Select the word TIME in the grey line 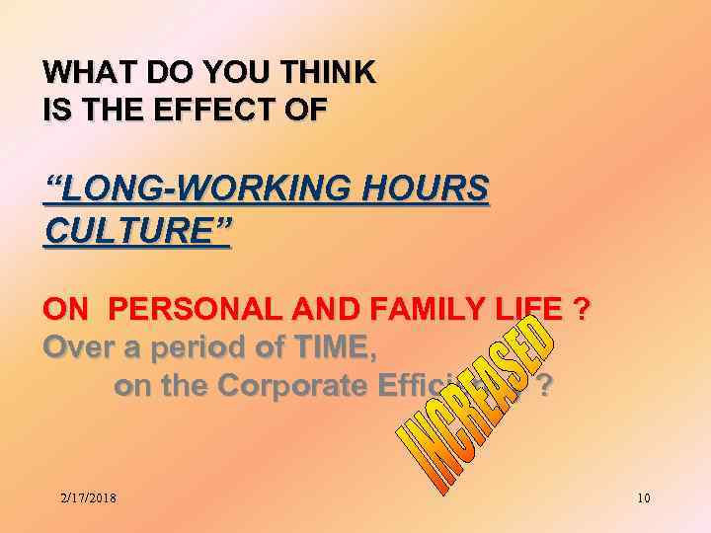[323, 348]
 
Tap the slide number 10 [643, 497]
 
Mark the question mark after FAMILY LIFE [583, 311]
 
